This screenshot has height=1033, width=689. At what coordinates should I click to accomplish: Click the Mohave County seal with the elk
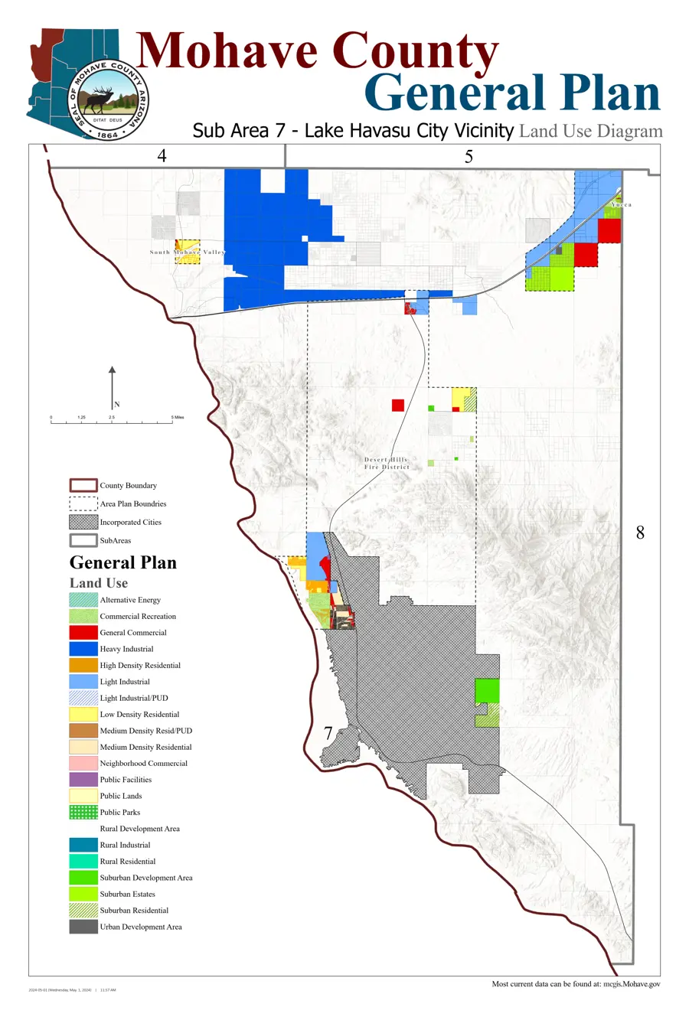coord(108,100)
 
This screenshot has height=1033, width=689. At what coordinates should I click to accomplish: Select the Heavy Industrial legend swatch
coord(83,649)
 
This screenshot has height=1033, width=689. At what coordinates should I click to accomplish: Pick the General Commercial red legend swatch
coord(83,633)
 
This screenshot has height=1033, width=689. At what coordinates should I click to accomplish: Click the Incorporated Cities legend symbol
coord(83,522)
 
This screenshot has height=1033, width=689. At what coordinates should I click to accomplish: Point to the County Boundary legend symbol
coord(83,485)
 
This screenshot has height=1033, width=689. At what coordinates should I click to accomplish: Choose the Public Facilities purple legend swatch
coord(83,780)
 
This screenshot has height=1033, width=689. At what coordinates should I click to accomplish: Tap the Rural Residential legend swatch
coord(83,861)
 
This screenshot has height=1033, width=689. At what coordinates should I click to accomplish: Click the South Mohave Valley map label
coord(188,252)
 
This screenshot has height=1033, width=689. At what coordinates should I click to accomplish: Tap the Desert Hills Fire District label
coord(387,463)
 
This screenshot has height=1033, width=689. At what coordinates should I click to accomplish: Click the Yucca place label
coord(622,205)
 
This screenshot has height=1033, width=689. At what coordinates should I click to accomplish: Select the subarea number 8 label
coord(640,533)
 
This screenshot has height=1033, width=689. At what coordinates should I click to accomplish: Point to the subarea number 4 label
coord(162,156)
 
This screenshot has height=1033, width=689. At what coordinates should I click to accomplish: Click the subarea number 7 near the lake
coord(328,733)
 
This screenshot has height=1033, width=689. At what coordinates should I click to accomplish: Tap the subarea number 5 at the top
coord(469,157)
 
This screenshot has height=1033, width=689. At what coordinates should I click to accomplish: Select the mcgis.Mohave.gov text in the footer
coord(631,984)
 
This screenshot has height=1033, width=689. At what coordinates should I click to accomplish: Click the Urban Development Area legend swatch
coord(83,927)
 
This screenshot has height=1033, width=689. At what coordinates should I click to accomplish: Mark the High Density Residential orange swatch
coord(83,665)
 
